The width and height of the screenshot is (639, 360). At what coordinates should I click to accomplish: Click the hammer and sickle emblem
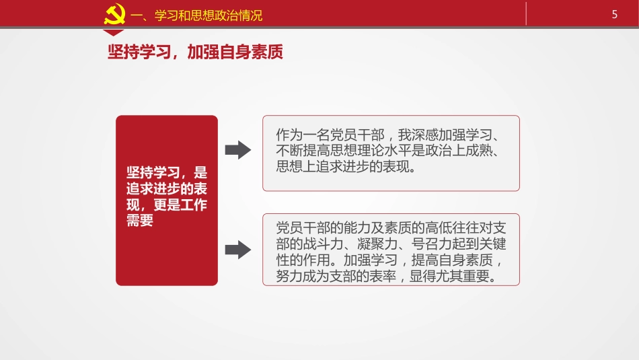114,14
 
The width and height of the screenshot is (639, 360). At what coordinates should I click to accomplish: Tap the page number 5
614,14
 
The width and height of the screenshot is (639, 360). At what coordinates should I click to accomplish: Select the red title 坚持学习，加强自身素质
195,52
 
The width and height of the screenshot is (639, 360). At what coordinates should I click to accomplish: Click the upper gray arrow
237,149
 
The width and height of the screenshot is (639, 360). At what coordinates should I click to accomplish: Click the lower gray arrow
237,250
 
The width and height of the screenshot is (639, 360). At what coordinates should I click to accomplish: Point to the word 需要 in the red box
140,221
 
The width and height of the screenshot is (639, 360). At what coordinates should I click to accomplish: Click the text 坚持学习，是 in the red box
167,172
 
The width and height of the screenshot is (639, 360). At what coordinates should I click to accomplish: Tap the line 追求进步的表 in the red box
167,188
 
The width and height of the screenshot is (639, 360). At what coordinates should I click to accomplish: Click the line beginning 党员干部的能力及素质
391,227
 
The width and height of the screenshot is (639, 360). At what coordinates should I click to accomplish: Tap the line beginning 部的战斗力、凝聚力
391,244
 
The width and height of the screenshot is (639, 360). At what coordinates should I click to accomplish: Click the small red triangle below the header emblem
114,32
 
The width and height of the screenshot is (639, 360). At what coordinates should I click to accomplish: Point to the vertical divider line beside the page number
526,13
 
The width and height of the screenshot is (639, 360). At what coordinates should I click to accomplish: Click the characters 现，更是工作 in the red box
167,205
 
